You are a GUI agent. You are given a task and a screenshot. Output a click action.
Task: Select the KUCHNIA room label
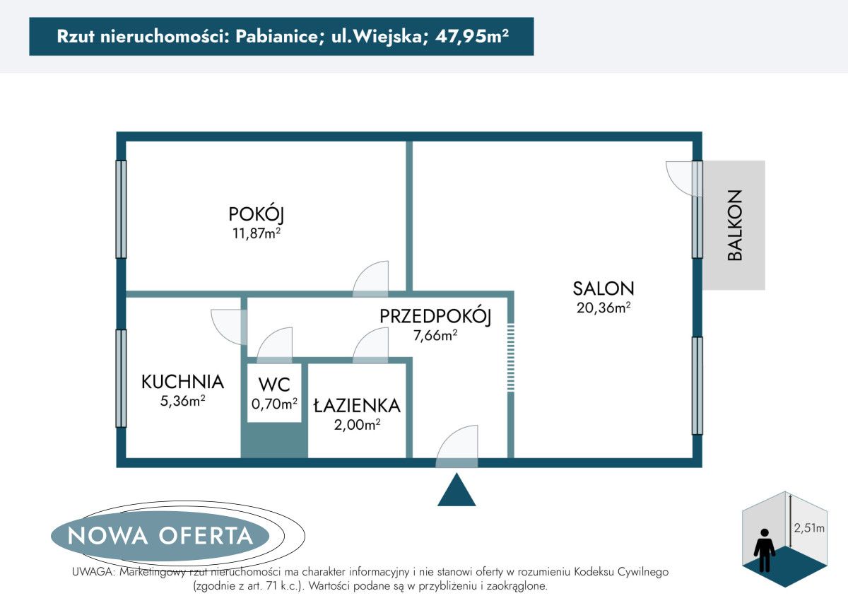(x=182, y=382)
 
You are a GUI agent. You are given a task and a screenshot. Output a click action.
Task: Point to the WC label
(x=274, y=385)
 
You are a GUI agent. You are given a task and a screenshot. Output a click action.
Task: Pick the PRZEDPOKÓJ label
(x=435, y=317)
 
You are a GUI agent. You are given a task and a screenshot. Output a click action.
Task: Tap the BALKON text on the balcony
(x=736, y=225)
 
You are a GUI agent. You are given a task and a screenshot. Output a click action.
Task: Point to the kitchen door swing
(x=228, y=327)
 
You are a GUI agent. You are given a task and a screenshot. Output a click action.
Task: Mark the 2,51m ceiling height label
(x=808, y=527)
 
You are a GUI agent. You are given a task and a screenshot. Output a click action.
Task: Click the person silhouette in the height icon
(x=764, y=550)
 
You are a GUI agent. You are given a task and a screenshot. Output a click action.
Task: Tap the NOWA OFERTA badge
(x=160, y=535)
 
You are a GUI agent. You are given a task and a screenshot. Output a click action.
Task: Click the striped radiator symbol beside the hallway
(x=511, y=357)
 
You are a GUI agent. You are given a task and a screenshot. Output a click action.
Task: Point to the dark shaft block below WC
(x=274, y=441)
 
